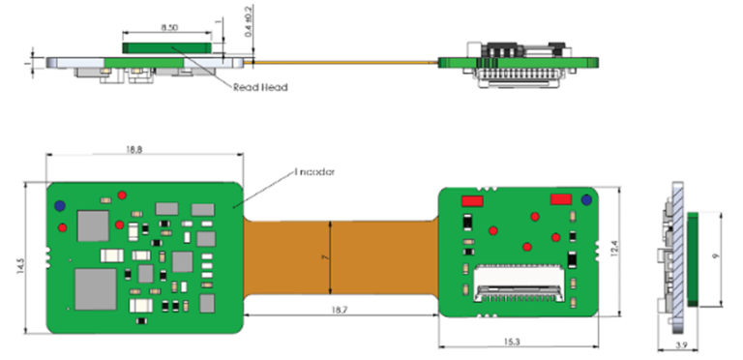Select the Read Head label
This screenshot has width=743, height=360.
259,86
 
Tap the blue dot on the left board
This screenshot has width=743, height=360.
60,206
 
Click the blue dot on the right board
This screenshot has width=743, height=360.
586,200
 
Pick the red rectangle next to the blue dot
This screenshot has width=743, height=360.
561,199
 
